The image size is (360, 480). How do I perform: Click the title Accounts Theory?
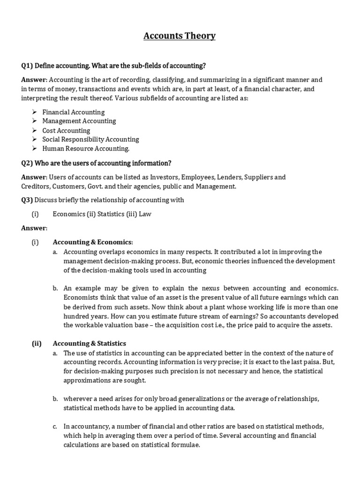click(x=180, y=36)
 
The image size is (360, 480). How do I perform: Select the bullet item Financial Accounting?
click(x=74, y=112)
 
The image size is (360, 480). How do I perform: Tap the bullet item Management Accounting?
click(x=79, y=121)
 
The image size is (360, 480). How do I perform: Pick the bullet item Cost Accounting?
click(x=66, y=130)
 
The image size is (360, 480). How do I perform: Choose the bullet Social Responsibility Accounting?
click(x=90, y=139)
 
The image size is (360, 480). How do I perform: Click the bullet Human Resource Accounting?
click(x=86, y=149)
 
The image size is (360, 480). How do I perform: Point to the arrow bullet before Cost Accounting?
click(x=35, y=130)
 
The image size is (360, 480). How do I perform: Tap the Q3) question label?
click(x=27, y=200)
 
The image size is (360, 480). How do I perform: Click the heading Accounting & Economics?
click(x=93, y=242)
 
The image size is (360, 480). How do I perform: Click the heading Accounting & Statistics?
click(x=90, y=344)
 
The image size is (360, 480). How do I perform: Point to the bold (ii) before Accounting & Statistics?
click(x=37, y=344)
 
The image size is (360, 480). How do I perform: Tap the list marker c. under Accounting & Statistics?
click(x=55, y=426)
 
